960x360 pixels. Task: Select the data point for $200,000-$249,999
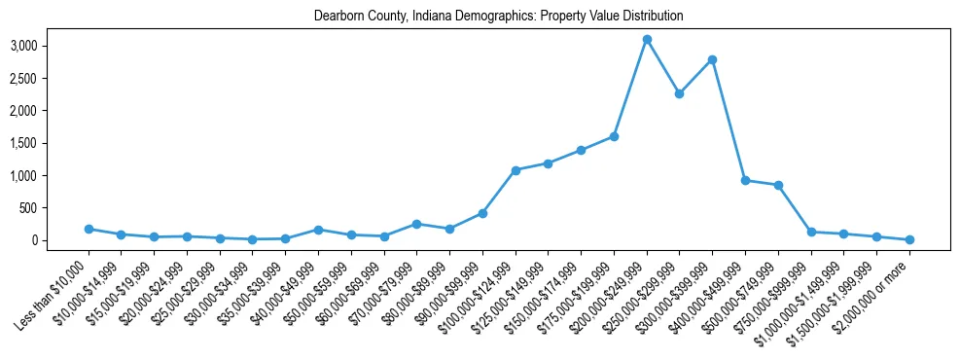[647, 40]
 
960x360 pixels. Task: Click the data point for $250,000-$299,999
[680, 93]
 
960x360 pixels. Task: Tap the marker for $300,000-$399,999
[713, 60]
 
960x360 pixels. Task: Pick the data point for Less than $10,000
[89, 229]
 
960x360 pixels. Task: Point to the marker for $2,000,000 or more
[909, 239]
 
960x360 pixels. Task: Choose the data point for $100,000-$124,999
[516, 170]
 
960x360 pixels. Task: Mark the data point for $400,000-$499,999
[745, 180]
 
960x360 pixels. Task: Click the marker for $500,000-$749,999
[778, 185]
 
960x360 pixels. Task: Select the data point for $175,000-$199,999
[614, 136]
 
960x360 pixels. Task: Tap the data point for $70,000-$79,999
[416, 224]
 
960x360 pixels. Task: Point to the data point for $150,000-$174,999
[581, 150]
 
